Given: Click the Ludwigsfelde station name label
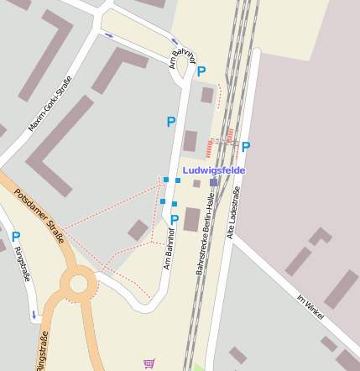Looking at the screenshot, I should coord(213,170).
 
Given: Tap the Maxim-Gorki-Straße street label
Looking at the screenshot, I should coord(50,105).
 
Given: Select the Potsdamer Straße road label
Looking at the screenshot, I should coord(39,216).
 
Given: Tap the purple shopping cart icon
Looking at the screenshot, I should coord(149,363).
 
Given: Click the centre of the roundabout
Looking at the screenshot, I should coord(79,284).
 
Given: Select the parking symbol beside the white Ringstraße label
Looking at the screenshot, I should coord(15,238).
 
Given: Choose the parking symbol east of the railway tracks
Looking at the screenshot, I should coord(246,147).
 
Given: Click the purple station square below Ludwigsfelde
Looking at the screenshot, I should coord(214,182).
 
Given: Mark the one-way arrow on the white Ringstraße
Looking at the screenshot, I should coord(34,314).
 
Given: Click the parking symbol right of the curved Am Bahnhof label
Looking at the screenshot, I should coord(201,71).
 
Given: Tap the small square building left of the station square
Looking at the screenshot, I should coord(196,183).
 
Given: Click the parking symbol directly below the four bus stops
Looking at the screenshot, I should coord(175,220).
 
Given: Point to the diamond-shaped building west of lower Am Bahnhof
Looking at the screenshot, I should coord(138,229).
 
